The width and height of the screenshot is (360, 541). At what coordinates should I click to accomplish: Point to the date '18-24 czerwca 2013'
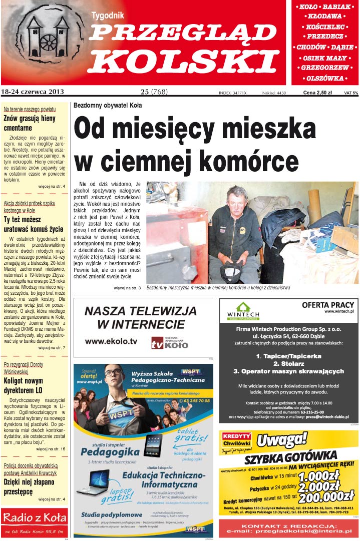[33, 92]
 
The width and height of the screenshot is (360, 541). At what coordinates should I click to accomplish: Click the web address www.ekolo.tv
[111, 341]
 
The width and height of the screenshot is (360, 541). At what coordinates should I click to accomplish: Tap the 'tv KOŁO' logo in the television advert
[170, 343]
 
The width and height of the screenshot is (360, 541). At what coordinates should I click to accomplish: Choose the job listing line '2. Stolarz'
[288, 363]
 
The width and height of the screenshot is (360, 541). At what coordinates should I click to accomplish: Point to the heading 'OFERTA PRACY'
[328, 305]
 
